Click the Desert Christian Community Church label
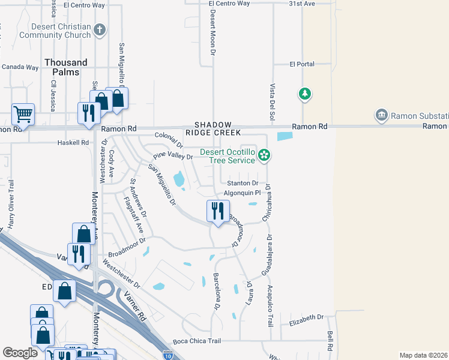[55, 31]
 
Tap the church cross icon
[100, 29]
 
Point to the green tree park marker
[305, 94]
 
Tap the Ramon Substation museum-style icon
[381, 115]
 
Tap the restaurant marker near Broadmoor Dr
[217, 211]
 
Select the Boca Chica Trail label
[197, 341]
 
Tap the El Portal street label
[301, 64]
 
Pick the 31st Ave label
[301, 4]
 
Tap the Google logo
[20, 353]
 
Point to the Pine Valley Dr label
[172, 157]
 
